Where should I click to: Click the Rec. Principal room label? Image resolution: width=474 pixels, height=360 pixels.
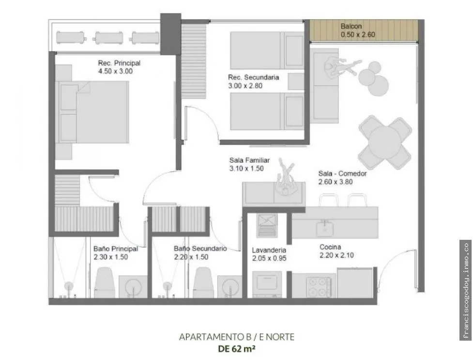119,63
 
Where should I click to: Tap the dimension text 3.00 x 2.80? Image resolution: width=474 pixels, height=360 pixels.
245,86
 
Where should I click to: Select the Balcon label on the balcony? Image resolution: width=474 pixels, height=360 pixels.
351,26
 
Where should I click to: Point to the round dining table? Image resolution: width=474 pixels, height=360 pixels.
384,142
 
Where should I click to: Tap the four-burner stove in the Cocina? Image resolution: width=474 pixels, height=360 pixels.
319,287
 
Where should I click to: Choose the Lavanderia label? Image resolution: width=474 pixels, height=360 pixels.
269,250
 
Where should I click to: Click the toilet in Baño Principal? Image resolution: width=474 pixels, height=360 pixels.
104,282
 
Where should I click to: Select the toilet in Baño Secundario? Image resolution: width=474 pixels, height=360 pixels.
203,282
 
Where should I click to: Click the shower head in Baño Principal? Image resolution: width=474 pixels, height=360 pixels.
69,286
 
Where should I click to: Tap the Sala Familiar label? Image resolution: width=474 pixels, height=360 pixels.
249,160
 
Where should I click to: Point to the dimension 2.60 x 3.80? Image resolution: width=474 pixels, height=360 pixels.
335,182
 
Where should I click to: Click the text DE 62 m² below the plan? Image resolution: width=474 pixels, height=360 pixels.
237,349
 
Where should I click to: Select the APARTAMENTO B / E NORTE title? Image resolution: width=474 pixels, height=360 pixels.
237,337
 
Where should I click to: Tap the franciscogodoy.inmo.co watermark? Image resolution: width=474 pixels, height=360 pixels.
466,290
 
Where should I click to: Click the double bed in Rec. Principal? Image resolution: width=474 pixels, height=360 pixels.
92,112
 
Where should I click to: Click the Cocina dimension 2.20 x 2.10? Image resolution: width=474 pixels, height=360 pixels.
336,255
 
